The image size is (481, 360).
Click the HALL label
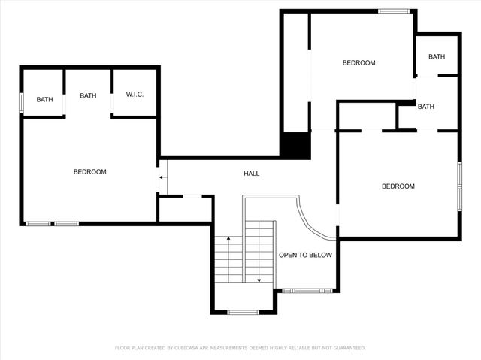(252, 174)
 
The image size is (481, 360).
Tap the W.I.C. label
(135, 94)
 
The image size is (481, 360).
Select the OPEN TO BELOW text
(305, 255)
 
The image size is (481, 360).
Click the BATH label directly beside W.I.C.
(89, 95)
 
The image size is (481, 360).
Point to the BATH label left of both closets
(45, 99)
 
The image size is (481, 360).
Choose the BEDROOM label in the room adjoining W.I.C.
(89, 171)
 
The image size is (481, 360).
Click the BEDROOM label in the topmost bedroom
(358, 63)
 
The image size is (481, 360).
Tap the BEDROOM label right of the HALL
(398, 186)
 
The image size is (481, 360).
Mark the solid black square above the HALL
(295, 145)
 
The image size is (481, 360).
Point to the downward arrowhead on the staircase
(259, 280)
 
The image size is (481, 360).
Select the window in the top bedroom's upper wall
(394, 11)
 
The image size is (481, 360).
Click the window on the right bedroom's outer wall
(458, 183)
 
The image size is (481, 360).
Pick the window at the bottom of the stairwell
(243, 311)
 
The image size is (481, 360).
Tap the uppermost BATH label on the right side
(437, 57)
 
